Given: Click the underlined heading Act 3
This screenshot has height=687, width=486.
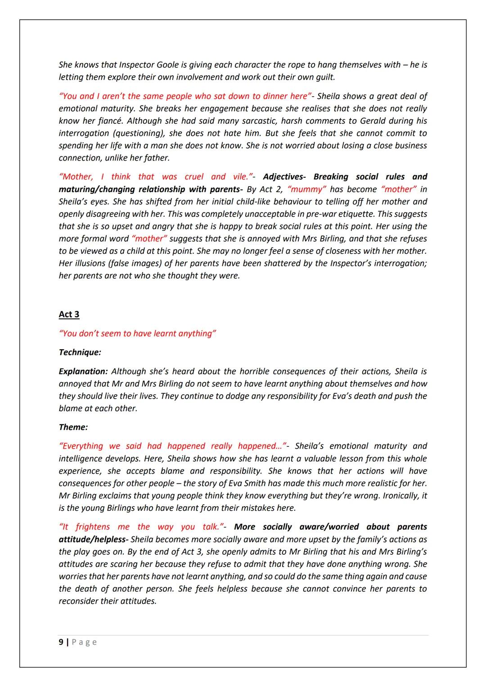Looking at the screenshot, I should [69, 314].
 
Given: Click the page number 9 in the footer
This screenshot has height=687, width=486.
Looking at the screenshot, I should [61, 642].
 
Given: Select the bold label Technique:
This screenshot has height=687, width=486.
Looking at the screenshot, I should [80, 352].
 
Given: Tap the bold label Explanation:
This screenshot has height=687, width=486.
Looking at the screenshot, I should [83, 371].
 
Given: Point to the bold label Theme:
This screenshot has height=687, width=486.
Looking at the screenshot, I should [73, 427].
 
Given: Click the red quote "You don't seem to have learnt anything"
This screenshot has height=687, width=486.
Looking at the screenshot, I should [137, 333].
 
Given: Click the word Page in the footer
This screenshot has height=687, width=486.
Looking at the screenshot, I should [84, 642].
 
